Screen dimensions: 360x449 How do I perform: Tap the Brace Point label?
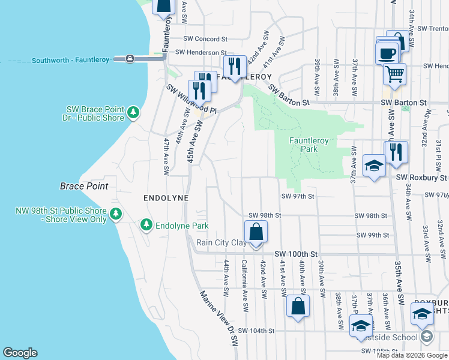(84, 186)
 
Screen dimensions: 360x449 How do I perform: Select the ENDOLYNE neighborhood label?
(166, 197)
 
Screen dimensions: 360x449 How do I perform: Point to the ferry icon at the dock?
(130, 59)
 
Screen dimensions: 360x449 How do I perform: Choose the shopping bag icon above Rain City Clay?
(256, 231)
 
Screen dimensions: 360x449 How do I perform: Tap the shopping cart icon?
(394, 74)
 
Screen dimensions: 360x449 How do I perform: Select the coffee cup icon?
(388, 52)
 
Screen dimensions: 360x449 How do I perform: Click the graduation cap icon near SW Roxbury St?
(374, 165)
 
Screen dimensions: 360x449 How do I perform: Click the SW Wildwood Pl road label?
(191, 99)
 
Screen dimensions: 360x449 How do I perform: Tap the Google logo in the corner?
(20, 353)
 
